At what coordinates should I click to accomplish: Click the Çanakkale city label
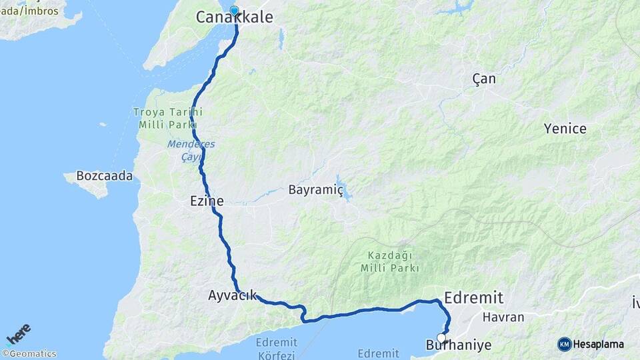[234, 18]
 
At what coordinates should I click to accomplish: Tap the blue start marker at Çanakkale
[234, 10]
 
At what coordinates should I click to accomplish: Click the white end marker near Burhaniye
[441, 338]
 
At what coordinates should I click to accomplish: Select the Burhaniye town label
[458, 345]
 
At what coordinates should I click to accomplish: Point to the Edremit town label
[473, 297]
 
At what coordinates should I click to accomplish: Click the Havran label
[503, 318]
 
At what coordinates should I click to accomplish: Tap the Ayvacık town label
[232, 295]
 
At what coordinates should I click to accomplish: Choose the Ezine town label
[207, 200]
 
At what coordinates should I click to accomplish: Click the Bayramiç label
[315, 190]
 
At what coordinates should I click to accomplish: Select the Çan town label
[484, 79]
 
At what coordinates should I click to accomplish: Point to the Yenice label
[565, 129]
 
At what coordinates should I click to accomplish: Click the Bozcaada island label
[105, 177]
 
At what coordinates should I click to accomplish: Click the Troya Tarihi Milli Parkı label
[167, 118]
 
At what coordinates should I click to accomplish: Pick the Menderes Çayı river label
[181, 150]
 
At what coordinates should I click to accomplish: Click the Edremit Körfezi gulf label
[275, 349]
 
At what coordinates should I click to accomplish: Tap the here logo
[18, 333]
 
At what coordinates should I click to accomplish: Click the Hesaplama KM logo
[591, 344]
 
